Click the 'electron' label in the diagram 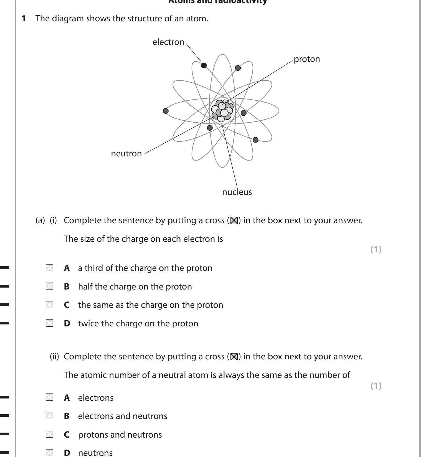click(168, 42)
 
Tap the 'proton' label click(306, 59)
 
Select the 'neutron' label click(126, 154)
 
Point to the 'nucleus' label click(237, 192)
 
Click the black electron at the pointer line click(204, 65)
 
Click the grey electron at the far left click(166, 111)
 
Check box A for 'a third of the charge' click(50, 268)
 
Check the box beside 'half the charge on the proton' click(50, 286)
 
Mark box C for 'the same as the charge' click(50, 305)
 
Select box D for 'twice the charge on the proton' click(50, 323)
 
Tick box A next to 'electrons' click(50, 397)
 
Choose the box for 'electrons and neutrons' click(50, 416)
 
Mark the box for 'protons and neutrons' click(50, 434)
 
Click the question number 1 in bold click(24, 19)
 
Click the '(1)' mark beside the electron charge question click(376, 250)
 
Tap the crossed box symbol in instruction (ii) click(234, 357)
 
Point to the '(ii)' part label click(54, 356)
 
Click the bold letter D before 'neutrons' click(67, 453)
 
